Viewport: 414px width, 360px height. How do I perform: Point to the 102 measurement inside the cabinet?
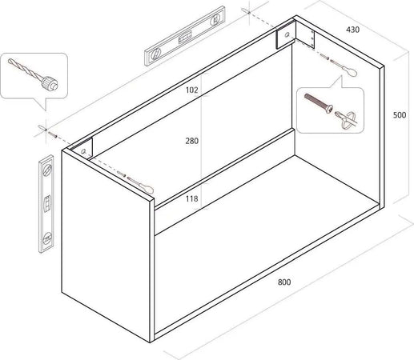click(x=190, y=90)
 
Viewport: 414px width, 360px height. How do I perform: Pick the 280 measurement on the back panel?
click(x=191, y=141)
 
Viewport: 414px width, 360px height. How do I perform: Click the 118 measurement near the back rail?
click(x=192, y=198)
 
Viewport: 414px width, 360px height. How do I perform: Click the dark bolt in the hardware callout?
click(x=321, y=106)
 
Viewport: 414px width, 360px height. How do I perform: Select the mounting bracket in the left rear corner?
click(x=83, y=149)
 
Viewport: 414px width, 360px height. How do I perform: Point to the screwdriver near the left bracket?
click(x=133, y=181)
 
